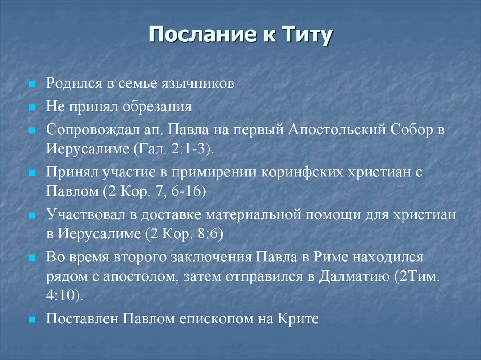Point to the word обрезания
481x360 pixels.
click(x=157, y=106)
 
